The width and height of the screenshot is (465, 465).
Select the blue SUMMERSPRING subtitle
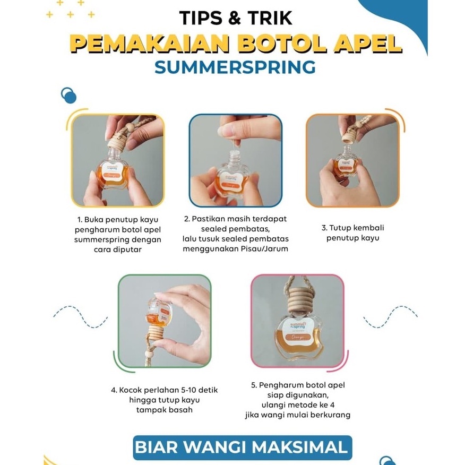coord(235,67)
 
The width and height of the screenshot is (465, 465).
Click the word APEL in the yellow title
coord(367,44)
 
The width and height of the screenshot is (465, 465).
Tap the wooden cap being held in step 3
coord(350,137)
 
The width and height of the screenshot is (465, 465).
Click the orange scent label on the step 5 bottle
coord(298,338)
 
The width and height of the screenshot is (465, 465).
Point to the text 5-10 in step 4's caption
coord(186,390)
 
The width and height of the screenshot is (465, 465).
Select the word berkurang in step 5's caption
coord(332,415)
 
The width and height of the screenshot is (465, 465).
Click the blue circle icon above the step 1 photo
coord(68,96)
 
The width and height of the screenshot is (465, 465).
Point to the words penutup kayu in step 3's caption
coord(353,238)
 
